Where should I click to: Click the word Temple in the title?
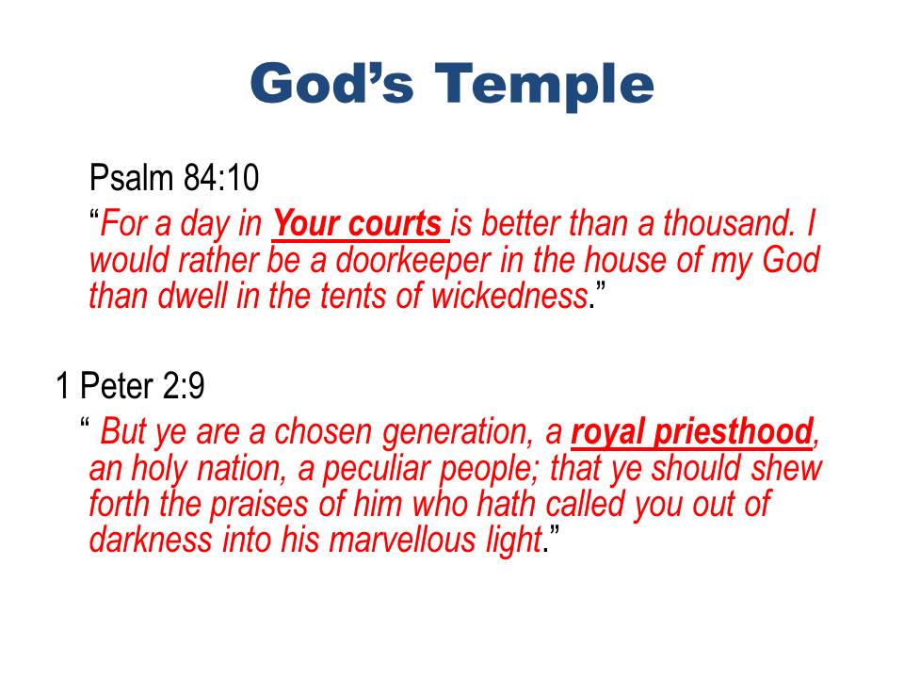(x=543, y=86)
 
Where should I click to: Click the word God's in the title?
(x=332, y=83)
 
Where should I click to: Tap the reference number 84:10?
(x=221, y=177)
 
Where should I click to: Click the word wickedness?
(x=509, y=296)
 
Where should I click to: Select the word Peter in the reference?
(x=117, y=385)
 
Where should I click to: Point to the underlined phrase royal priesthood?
(x=692, y=432)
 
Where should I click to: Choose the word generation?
(x=458, y=433)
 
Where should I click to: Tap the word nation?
(x=242, y=469)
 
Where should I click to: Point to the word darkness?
(x=151, y=541)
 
